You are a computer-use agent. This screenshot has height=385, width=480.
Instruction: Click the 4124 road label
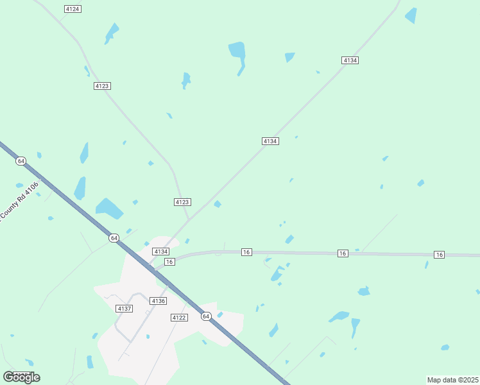point(73,9)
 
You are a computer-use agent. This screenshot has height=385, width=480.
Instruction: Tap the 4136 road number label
point(158,301)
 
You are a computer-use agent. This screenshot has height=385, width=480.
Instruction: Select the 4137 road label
point(124,309)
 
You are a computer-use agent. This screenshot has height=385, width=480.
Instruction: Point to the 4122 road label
point(179,318)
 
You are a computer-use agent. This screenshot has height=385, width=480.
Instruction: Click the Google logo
point(21,377)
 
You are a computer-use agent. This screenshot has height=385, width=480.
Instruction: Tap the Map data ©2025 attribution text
point(453,380)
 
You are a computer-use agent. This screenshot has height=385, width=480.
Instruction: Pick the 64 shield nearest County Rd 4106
point(21,160)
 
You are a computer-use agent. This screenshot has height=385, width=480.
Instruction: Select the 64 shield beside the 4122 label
point(206,316)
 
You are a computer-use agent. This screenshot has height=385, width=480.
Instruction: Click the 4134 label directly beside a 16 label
point(160,252)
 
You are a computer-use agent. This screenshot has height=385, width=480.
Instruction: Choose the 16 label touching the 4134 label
point(169,262)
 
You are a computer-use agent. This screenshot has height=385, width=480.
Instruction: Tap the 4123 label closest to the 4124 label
point(102,86)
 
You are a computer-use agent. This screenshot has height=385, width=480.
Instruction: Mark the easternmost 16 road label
point(439,255)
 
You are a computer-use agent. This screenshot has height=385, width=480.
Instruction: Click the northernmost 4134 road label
point(350,60)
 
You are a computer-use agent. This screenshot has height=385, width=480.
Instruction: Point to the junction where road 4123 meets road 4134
point(189,219)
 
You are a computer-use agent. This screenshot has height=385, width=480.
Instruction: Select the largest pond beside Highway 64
point(108,208)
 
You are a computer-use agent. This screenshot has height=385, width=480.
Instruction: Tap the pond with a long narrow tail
point(238,55)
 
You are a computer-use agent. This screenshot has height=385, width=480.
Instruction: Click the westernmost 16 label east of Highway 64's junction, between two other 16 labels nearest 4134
point(246,252)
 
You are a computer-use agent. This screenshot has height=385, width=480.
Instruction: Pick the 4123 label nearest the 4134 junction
point(182,202)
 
